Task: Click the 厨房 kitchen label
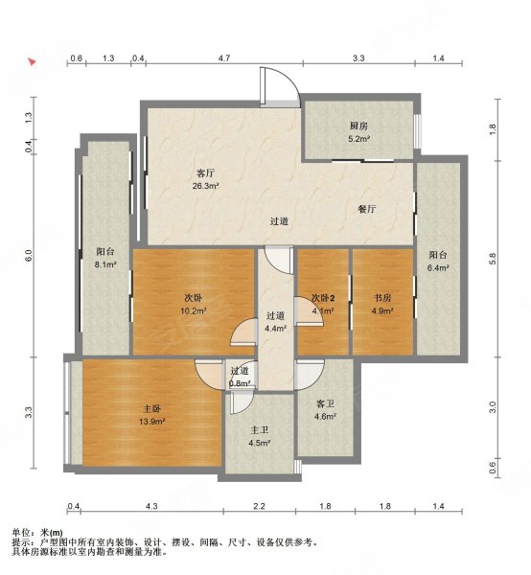coord(359,126)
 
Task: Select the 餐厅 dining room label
coord(366,208)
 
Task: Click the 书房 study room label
coord(381,297)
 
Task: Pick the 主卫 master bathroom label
coord(259,430)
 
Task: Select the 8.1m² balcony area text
coord(105,264)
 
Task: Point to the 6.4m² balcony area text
coord(438,269)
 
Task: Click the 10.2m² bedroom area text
coord(193,310)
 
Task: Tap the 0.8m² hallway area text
coord(240,383)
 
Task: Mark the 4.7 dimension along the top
coord(223,59)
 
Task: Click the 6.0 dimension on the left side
coord(29,256)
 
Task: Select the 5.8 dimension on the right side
coord(493,259)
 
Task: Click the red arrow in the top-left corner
coord(33,63)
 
